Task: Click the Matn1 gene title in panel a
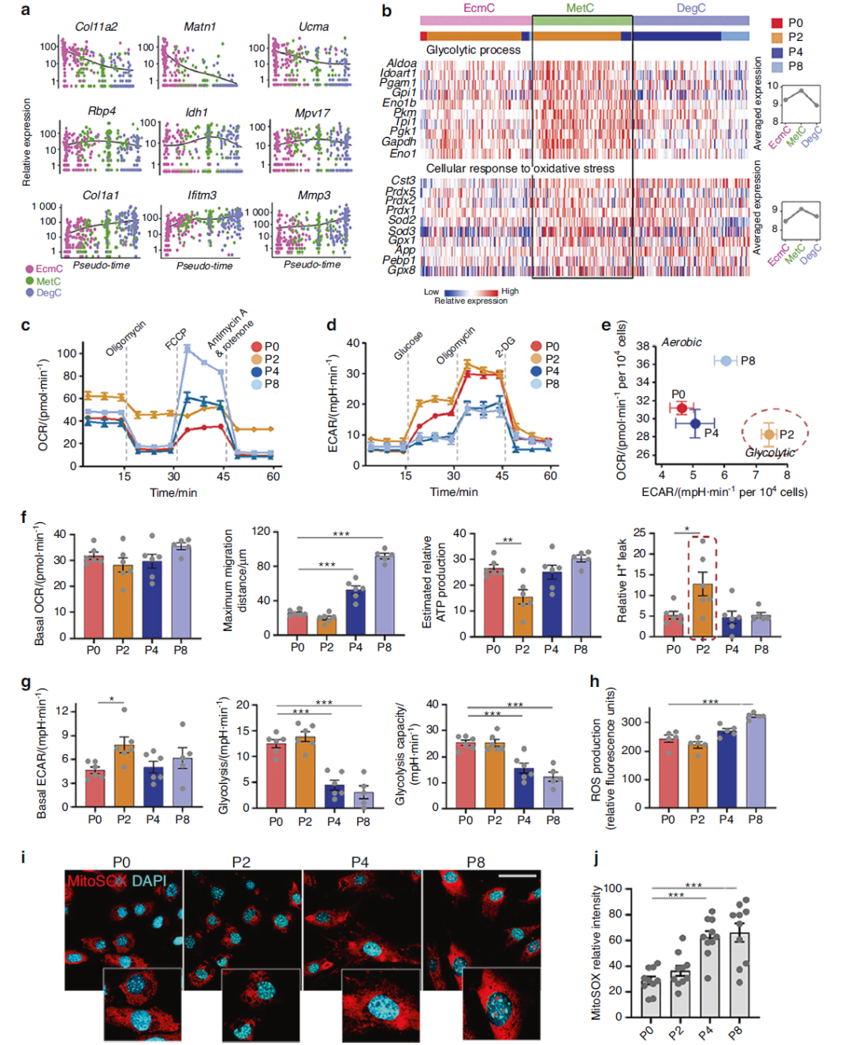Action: pyautogui.click(x=199, y=27)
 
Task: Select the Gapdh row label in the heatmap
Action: pyautogui.click(x=399, y=142)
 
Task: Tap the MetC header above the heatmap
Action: pyautogui.click(x=581, y=8)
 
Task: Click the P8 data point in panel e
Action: pyautogui.click(x=726, y=360)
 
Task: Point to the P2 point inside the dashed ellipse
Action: pyautogui.click(x=769, y=434)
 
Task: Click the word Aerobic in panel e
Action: pyautogui.click(x=682, y=342)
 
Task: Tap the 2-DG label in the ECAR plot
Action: pyautogui.click(x=505, y=347)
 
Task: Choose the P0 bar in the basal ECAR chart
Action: pyautogui.click(x=95, y=788)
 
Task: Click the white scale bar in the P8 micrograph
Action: pyautogui.click(x=517, y=875)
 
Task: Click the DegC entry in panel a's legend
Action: pyautogui.click(x=48, y=293)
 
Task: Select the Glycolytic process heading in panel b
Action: pyautogui.click(x=473, y=50)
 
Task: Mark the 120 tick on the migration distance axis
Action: pyautogui.click(x=261, y=532)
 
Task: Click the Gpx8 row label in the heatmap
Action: pyautogui.click(x=401, y=270)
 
